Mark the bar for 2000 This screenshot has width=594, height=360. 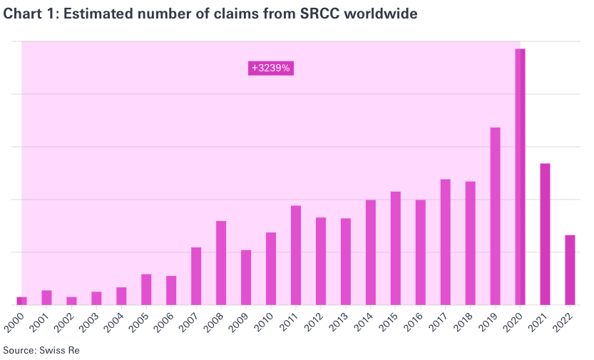(21, 300)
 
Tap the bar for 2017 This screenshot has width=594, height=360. (445, 242)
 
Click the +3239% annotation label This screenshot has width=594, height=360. (271, 68)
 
